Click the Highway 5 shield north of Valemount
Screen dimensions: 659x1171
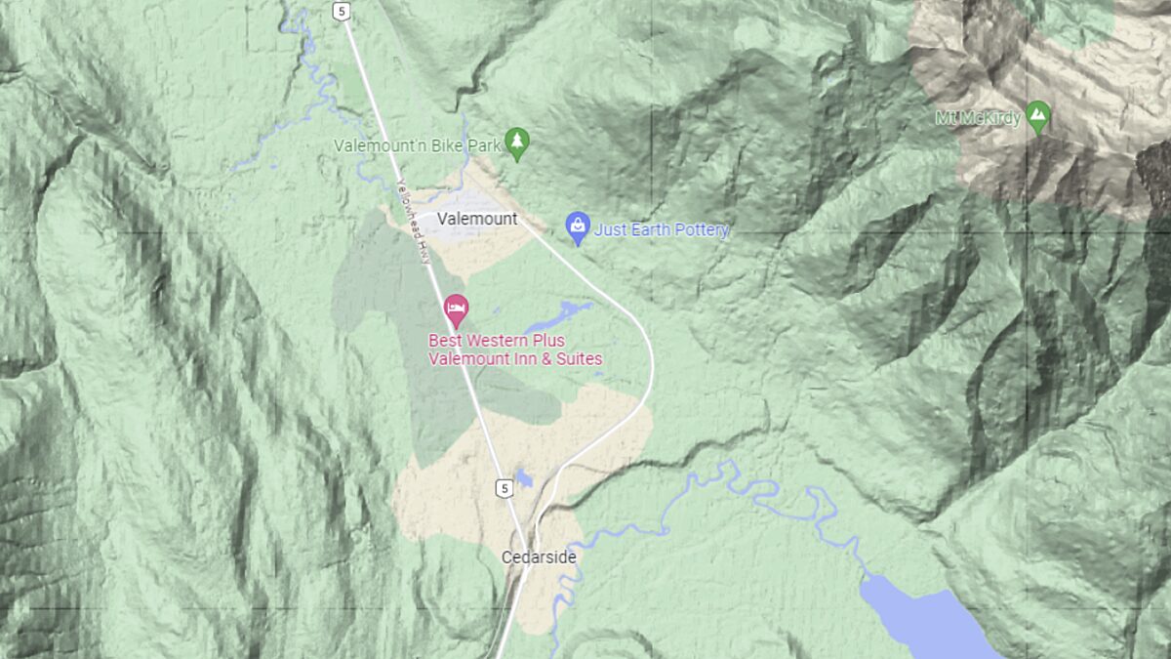tap(340, 11)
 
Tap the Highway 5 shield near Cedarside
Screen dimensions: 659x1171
tap(503, 487)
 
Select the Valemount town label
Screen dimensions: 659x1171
tap(477, 219)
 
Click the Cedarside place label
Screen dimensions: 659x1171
tap(539, 557)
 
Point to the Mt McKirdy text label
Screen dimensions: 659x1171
tap(977, 119)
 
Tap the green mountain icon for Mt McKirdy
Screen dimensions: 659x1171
tap(1039, 116)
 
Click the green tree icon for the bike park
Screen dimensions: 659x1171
tap(517, 144)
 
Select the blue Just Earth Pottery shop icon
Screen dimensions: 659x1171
tap(578, 228)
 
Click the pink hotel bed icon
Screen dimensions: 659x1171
tap(456, 310)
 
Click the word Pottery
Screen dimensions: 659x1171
tap(700, 230)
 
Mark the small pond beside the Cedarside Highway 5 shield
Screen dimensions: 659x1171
tap(525, 477)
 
